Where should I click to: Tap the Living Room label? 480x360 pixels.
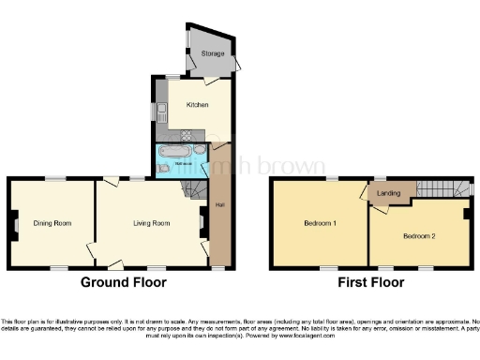click(151, 223)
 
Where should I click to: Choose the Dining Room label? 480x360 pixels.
click(52, 223)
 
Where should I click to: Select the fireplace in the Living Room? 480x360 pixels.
click(201, 223)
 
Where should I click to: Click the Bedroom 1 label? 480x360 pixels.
click(321, 224)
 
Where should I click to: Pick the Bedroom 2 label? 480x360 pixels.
click(420, 235)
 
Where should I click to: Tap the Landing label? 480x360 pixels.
click(389, 193)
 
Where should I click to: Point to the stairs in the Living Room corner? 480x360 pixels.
click(193, 192)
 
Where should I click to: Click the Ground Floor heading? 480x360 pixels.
click(123, 281)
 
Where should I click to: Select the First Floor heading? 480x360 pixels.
click(371, 281)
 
